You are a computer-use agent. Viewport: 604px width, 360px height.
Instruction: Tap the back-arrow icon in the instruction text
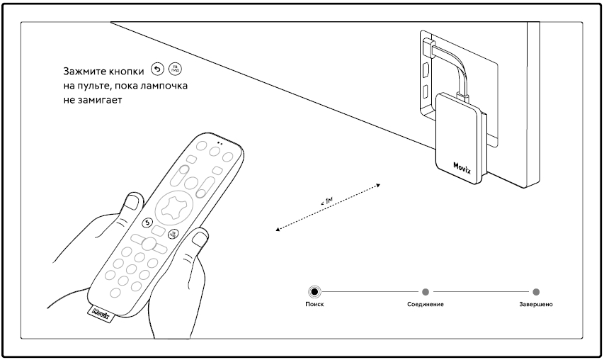point(157,70)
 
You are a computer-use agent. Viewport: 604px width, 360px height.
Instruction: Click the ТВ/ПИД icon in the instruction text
point(174,70)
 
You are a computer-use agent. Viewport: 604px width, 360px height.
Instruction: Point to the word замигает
point(103,101)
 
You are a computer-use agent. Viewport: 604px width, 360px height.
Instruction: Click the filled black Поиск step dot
point(314,291)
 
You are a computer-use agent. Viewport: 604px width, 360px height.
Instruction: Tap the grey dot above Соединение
point(425,291)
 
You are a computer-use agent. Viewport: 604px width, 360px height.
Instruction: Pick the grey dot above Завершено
point(536,291)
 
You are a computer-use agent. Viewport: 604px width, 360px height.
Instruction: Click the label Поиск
point(314,304)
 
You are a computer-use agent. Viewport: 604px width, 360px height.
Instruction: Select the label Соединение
point(425,304)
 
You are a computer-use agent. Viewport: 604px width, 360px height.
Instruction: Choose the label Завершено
point(536,304)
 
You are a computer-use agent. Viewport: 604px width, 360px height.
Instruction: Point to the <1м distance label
point(326,203)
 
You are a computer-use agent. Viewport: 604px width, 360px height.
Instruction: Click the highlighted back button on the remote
point(147,223)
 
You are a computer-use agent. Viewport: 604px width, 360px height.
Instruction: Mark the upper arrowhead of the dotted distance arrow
point(379,185)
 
